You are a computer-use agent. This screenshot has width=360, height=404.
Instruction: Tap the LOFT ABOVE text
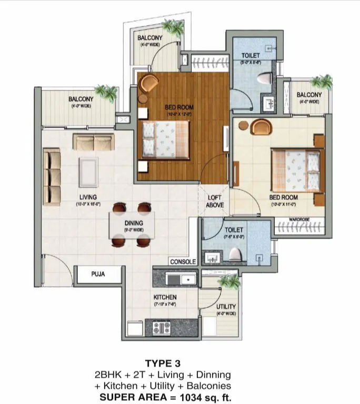click(x=215, y=201)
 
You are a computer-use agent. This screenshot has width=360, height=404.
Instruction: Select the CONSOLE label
click(x=183, y=261)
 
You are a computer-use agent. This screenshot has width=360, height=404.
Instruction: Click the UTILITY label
click(x=225, y=307)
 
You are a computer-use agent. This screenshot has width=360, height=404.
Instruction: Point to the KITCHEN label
click(x=165, y=297)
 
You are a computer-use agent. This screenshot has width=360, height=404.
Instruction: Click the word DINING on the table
click(x=134, y=223)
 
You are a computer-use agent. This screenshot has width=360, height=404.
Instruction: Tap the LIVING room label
click(x=88, y=197)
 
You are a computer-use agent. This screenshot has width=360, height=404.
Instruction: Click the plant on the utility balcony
click(x=229, y=281)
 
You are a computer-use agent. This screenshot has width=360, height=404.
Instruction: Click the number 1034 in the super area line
click(x=193, y=397)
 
